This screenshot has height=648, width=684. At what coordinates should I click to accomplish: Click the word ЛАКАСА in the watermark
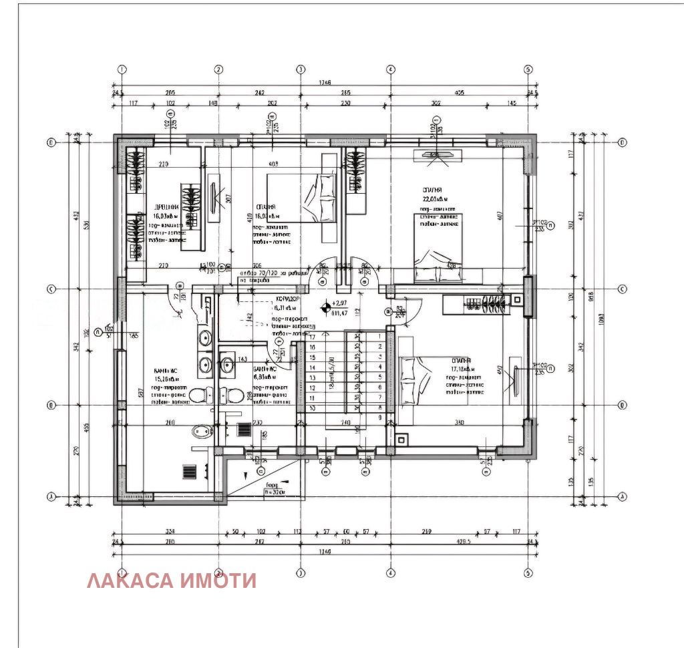[x=131, y=581]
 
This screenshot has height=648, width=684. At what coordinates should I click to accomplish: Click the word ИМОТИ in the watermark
[x=219, y=581]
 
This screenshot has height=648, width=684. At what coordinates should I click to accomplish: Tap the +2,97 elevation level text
[x=341, y=303]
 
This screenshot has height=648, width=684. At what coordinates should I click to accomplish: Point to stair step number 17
[x=311, y=337]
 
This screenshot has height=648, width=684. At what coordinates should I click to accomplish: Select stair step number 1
[x=379, y=337]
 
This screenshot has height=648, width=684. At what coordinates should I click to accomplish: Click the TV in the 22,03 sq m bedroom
[x=435, y=156]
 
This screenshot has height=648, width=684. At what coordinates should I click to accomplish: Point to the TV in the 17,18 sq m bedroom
[x=516, y=380]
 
